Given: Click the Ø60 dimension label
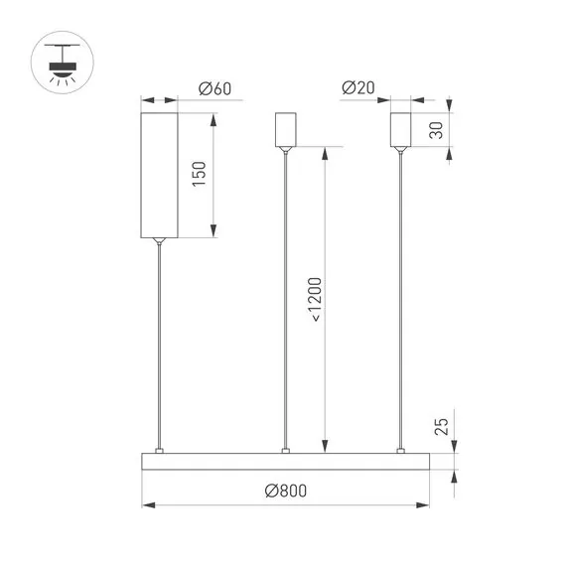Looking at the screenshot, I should point(214,89).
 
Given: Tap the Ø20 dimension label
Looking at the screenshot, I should point(357,89).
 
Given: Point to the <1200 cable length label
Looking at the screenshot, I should point(315,299).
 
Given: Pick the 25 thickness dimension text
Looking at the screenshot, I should point(442,427).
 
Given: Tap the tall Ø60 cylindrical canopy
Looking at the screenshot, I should point(158,174).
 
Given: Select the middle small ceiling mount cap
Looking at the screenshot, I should point(286,128).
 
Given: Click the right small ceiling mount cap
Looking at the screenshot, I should point(401,128).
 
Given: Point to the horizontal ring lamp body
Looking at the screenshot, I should point(285,462).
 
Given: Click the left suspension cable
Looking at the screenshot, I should point(158,348).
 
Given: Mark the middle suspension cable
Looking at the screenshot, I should point(286,298).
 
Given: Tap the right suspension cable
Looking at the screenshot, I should point(402,298).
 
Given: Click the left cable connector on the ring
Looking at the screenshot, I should point(158,451).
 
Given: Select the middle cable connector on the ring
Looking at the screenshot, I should point(286,451).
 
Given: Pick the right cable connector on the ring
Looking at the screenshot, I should point(402,451).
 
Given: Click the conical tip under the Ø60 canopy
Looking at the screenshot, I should point(158,240).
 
